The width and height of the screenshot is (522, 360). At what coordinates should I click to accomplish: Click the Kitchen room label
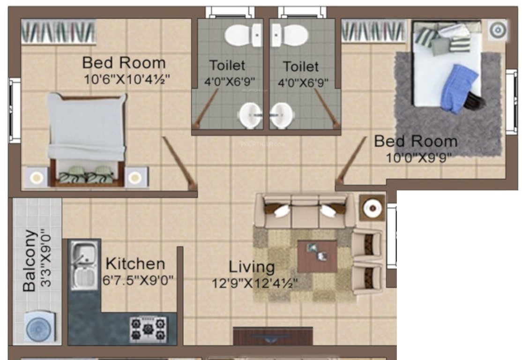[135, 263]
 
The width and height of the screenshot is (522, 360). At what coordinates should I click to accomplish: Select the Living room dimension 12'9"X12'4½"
[255, 283]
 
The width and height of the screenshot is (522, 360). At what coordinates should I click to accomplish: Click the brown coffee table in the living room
[317, 256]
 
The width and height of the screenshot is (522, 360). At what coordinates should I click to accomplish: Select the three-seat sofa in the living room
[304, 210]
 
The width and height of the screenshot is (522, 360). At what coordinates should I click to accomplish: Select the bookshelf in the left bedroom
[58, 32]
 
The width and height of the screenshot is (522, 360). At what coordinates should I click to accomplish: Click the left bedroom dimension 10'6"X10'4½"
[126, 79]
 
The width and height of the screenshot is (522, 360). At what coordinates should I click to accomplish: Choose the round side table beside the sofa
[373, 208]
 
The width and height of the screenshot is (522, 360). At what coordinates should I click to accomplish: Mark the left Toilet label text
[227, 66]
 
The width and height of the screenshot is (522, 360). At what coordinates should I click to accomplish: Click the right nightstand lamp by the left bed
[135, 178]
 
